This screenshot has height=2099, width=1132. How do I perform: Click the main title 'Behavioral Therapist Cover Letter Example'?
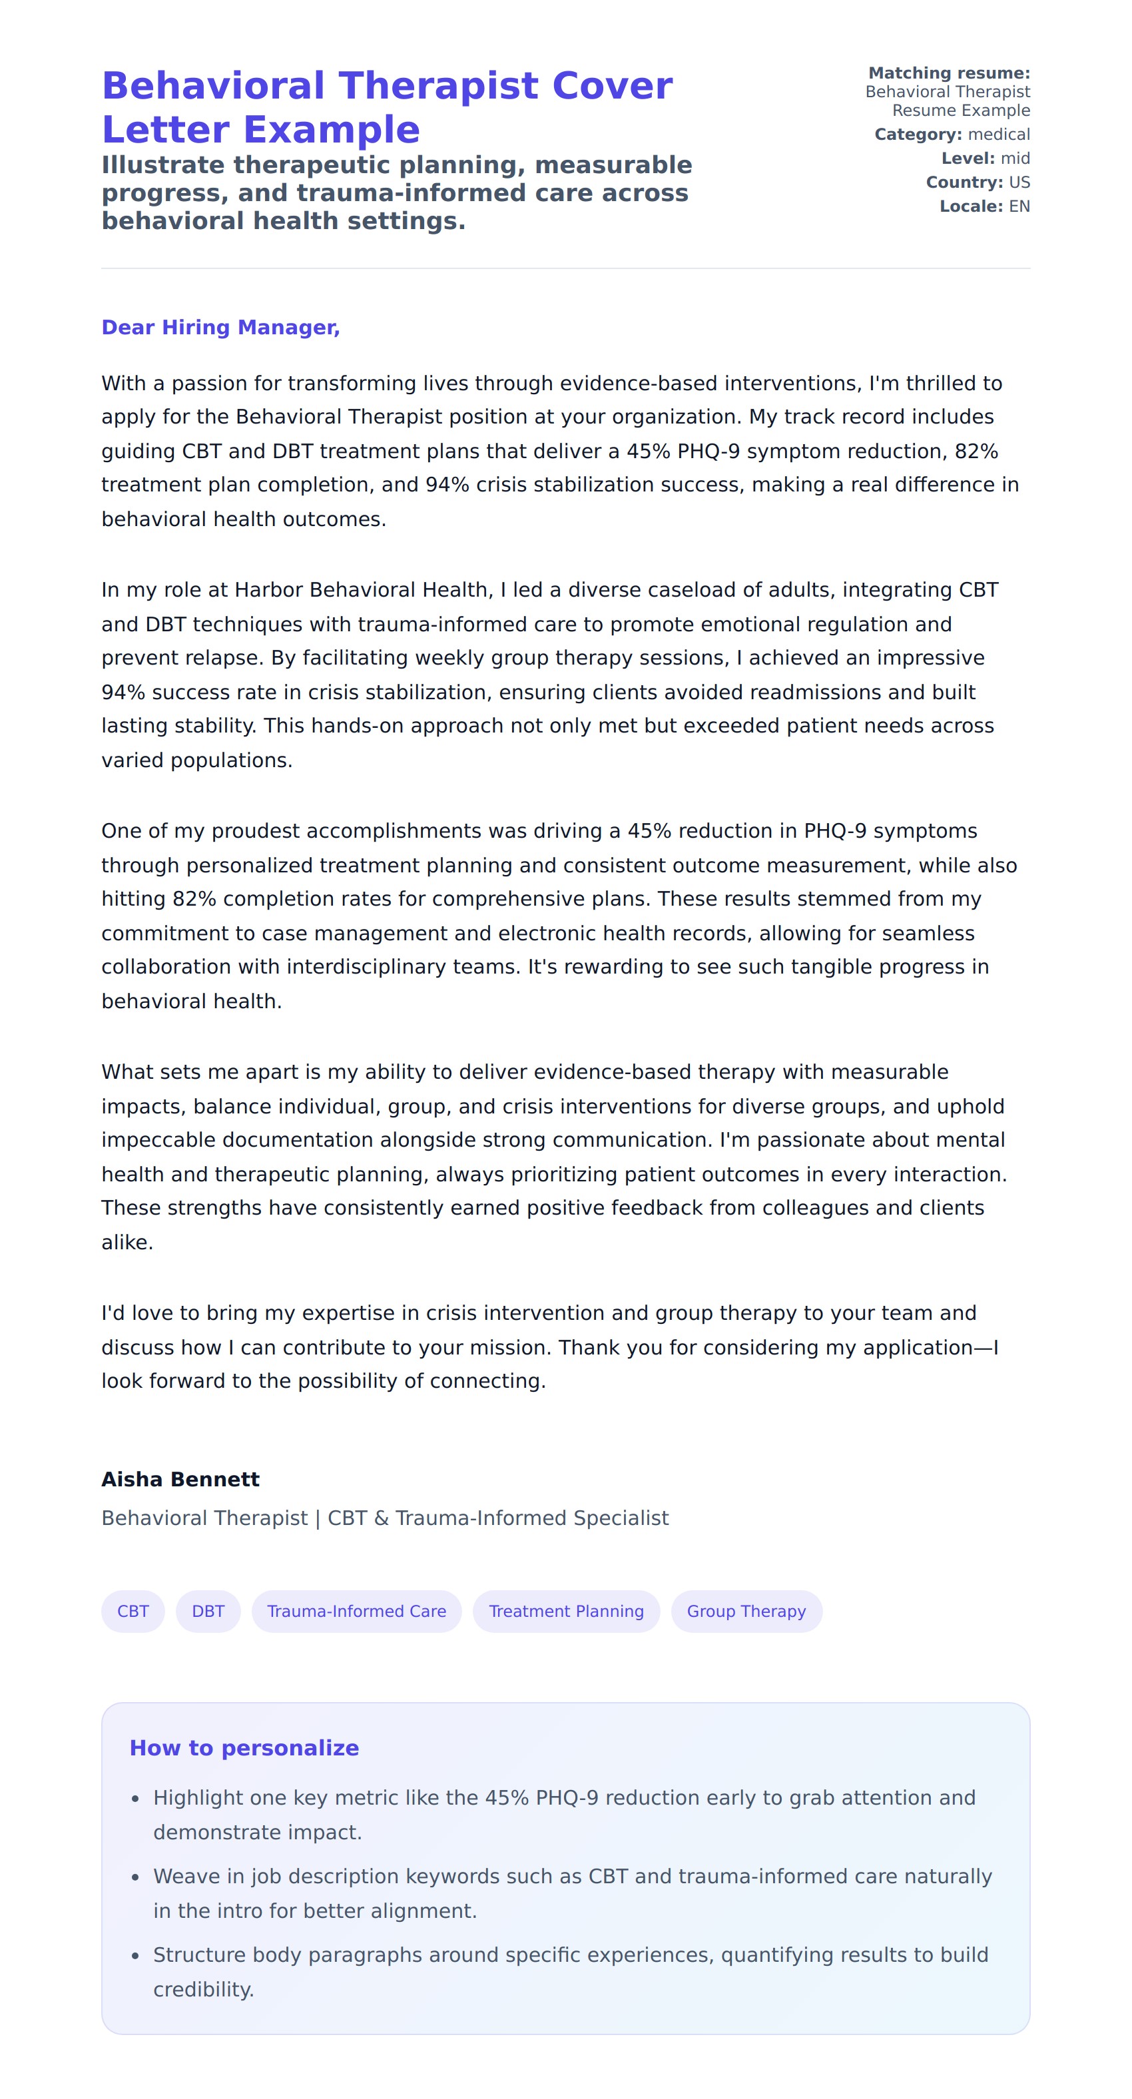[x=386, y=108]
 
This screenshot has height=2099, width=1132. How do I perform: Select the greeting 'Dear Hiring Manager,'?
[x=220, y=328]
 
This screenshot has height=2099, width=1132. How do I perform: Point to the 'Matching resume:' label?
[x=949, y=73]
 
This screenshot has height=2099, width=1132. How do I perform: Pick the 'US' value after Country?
[x=1019, y=182]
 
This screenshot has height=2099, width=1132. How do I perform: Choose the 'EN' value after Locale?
[x=1019, y=206]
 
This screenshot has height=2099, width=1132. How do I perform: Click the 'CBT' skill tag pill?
[x=133, y=1611]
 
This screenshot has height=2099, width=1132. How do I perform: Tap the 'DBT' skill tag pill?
[x=208, y=1611]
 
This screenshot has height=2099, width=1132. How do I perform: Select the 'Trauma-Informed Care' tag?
[x=356, y=1611]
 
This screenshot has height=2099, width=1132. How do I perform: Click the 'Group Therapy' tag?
[x=746, y=1611]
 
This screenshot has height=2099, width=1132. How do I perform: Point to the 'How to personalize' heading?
[x=244, y=1748]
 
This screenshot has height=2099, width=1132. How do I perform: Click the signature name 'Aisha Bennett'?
[x=180, y=1479]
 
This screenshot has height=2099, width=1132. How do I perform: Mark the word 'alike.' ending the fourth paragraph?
[x=127, y=1243]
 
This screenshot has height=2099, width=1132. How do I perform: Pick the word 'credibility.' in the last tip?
[x=204, y=1989]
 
